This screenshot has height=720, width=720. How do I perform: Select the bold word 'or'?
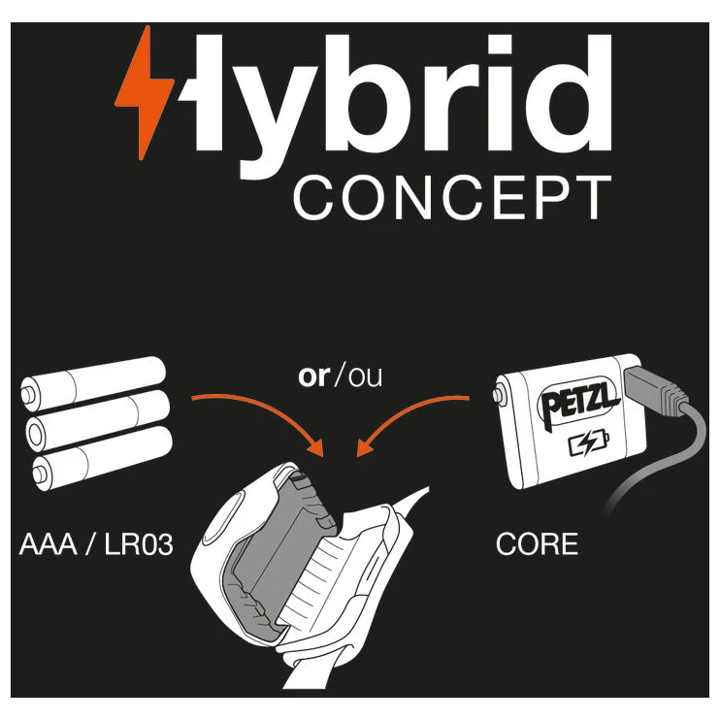click(313, 376)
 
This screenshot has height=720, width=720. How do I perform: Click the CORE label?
click(537, 543)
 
